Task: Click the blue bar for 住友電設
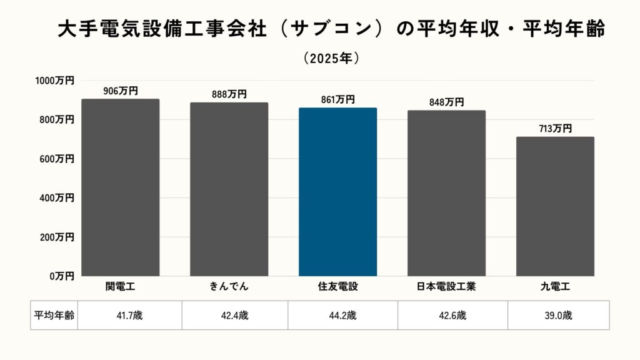click(337, 192)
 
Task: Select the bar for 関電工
click(120, 187)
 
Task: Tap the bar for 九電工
click(555, 206)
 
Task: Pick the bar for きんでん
click(229, 189)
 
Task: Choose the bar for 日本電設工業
click(446, 193)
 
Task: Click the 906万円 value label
click(120, 91)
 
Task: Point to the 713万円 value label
click(555, 129)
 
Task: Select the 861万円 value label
click(337, 99)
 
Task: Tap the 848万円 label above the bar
click(446, 102)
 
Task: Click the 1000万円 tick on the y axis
click(54, 81)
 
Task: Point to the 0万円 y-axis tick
click(62, 276)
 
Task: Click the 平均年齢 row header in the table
click(53, 316)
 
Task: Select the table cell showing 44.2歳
click(342, 316)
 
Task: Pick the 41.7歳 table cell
click(129, 316)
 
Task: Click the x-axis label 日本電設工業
click(446, 287)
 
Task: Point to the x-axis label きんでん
click(229, 287)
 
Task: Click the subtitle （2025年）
click(331, 58)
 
